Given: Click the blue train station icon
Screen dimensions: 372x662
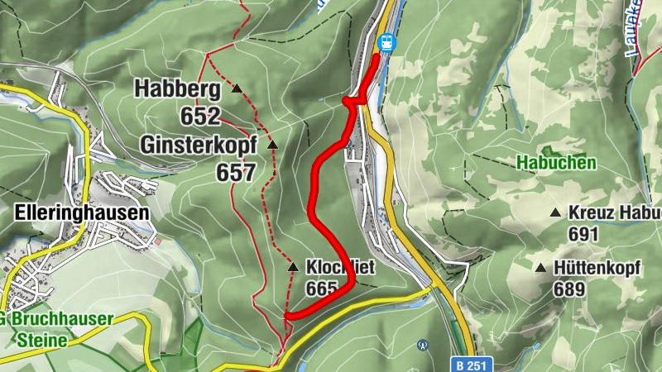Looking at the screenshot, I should coord(385,41).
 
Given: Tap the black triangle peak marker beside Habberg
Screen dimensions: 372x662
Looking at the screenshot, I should coord(237,88).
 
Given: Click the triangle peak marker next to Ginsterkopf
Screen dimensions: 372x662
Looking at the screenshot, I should coord(272,145).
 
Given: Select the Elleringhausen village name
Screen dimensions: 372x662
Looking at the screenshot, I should coord(82,212).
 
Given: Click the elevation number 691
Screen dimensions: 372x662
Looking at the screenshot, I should coord(583,234).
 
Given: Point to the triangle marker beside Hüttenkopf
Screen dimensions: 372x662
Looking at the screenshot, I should coord(540,268).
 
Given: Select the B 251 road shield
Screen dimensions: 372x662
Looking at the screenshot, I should coord(473,363).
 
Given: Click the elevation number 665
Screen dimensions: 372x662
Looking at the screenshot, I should coord(323,289).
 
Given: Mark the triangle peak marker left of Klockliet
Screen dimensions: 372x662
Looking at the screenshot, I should coord(292,267).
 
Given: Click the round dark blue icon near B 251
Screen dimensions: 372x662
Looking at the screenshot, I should coord(423,344).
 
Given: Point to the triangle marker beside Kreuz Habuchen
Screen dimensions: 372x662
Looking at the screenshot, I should coord(555,212).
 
